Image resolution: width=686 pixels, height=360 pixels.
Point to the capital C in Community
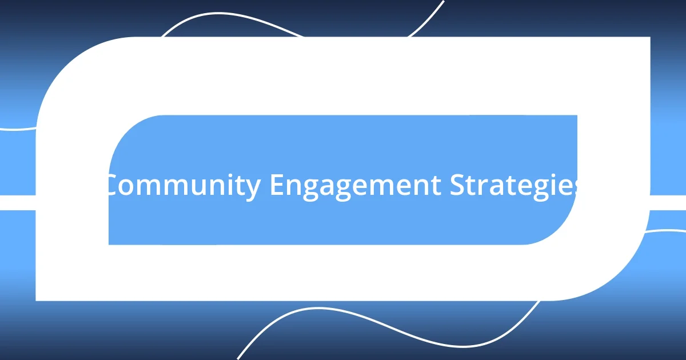pyautogui.click(x=113, y=186)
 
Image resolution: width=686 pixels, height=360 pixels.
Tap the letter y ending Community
pyautogui.click(x=253, y=190)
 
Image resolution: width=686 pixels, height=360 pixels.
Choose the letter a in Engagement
pyautogui.click(x=333, y=188)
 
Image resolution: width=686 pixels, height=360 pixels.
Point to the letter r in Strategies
pyautogui.click(x=483, y=188)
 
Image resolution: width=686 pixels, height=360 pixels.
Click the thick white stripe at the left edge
pyautogui.click(x=17, y=202)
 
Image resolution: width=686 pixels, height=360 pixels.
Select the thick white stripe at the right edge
pyautogui.click(x=669, y=202)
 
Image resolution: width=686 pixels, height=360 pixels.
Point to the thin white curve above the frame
pyautogui.click(x=229, y=15)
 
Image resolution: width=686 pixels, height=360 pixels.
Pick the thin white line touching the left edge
pyautogui.click(x=14, y=129)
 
